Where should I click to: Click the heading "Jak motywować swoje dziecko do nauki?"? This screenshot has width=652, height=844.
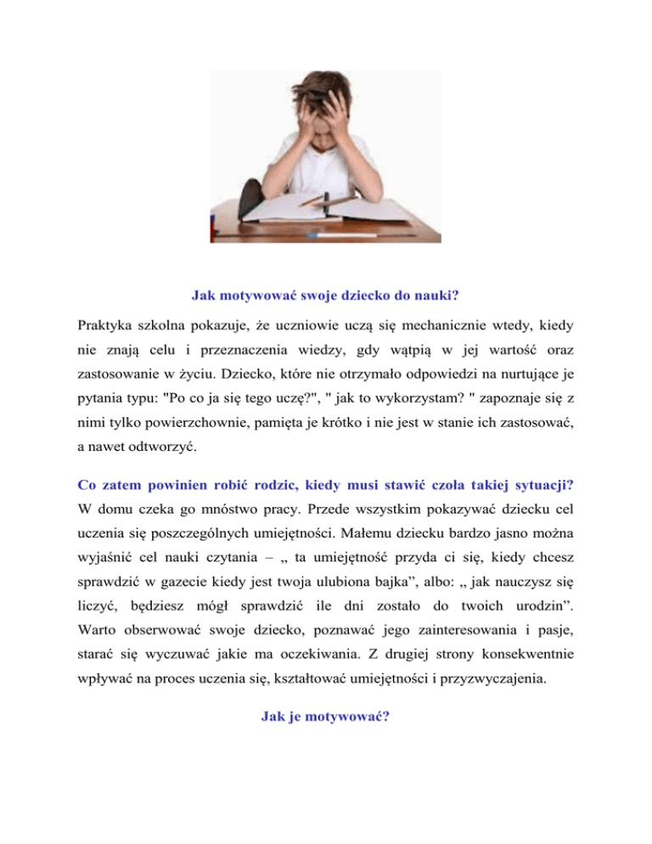tap(325, 296)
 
